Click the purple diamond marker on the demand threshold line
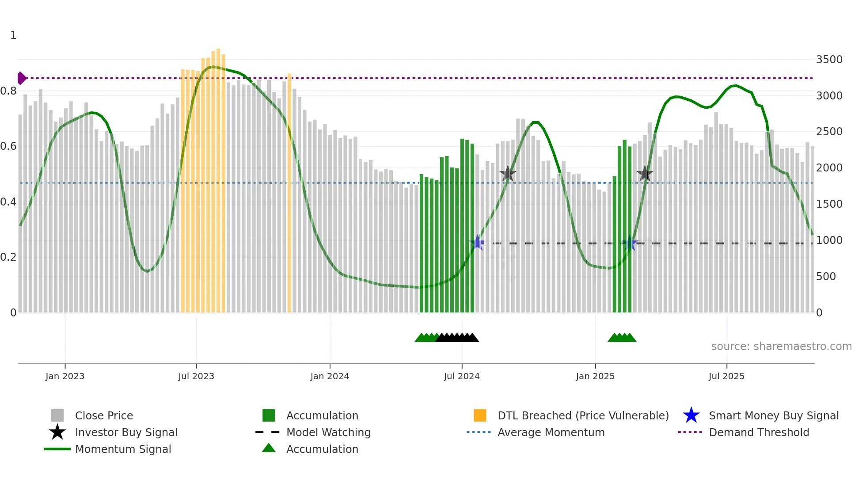pyautogui.click(x=21, y=78)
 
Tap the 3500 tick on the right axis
pyautogui.click(x=829, y=60)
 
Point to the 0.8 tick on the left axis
pyautogui.click(x=8, y=91)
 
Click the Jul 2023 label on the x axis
pyautogui.click(x=196, y=376)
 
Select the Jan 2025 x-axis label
pyautogui.click(x=595, y=376)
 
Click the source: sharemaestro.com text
pyautogui.click(x=781, y=346)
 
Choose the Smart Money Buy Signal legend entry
pyautogui.click(x=773, y=415)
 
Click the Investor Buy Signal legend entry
pyautogui.click(x=126, y=432)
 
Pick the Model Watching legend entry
pyautogui.click(x=328, y=432)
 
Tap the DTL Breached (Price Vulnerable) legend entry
pyautogui.click(x=583, y=415)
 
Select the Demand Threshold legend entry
pyautogui.click(x=759, y=432)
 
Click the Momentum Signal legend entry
pyautogui.click(x=123, y=449)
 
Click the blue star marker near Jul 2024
pyautogui.click(x=477, y=243)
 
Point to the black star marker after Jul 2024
pyautogui.click(x=508, y=174)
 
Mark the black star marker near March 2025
pyautogui.click(x=645, y=174)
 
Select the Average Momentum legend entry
pyautogui.click(x=551, y=432)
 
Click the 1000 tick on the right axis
pyautogui.click(x=829, y=240)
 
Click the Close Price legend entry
pyautogui.click(x=103, y=415)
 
